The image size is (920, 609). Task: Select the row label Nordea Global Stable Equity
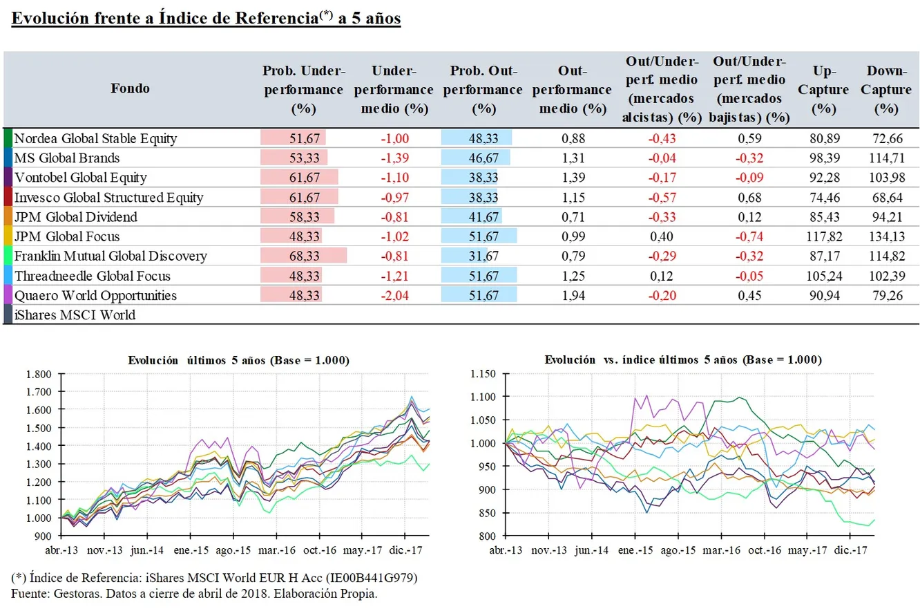pyautogui.click(x=95, y=138)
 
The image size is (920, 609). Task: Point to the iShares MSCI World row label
pyautogui.click(x=75, y=315)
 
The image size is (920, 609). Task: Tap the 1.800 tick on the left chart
pyautogui.click(x=39, y=375)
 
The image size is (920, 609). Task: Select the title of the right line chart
pyautogui.click(x=683, y=360)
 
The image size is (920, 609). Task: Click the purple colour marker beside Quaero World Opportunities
pyautogui.click(x=8, y=296)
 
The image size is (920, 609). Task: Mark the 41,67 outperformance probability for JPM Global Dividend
pyautogui.click(x=483, y=217)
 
